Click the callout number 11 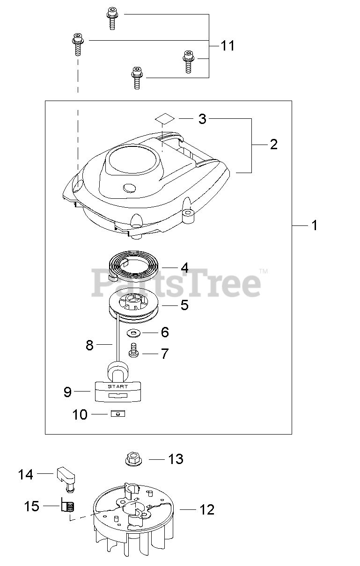(228, 46)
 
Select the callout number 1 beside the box (314, 225)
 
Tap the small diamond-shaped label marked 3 (165, 118)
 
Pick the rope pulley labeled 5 (134, 307)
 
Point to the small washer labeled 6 (133, 333)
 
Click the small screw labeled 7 (133, 350)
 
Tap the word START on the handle (118, 386)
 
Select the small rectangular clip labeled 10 (118, 414)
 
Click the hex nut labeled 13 (133, 459)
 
